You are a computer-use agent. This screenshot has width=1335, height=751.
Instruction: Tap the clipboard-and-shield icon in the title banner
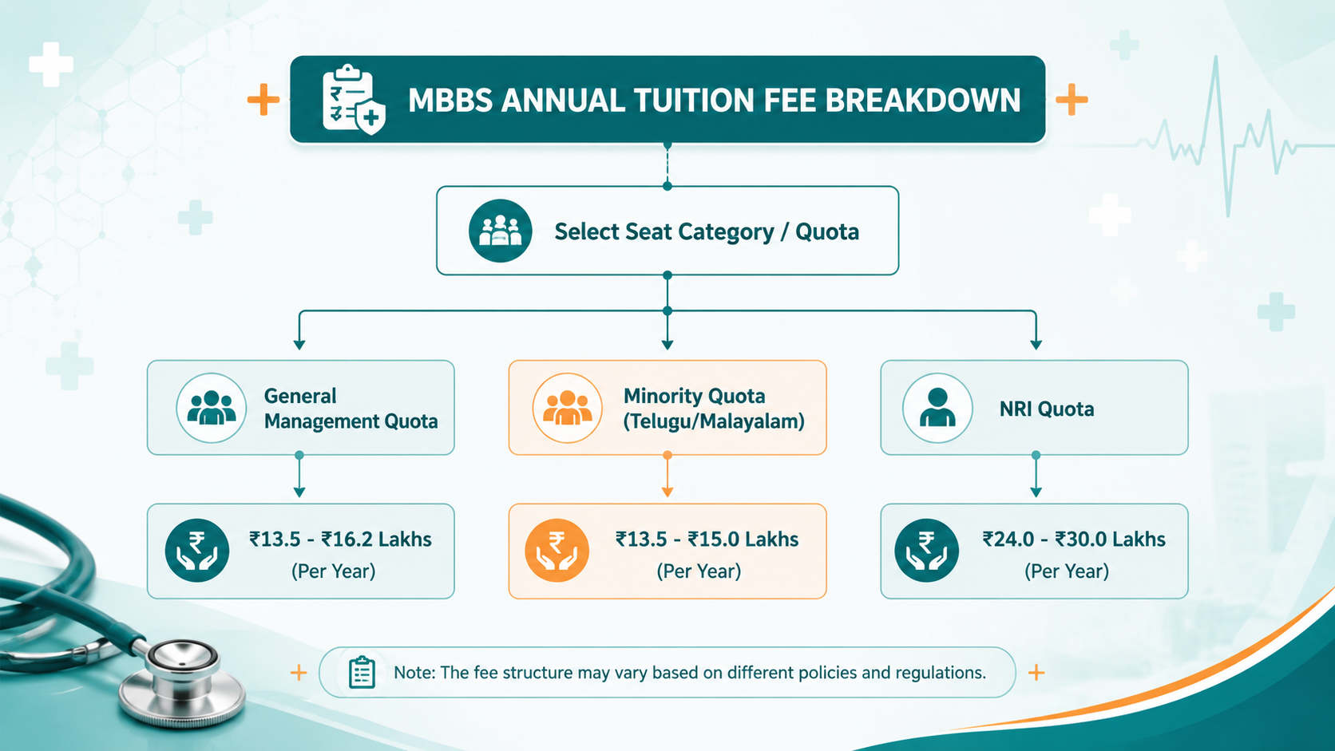point(354,100)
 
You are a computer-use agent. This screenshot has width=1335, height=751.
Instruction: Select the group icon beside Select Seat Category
point(500,231)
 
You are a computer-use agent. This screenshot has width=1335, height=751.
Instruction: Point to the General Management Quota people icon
point(211,408)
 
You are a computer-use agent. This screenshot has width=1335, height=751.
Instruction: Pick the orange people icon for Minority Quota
point(568,408)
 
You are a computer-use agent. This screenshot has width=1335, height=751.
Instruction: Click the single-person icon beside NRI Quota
point(937,408)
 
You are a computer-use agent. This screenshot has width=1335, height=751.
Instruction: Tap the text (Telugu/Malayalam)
point(714,421)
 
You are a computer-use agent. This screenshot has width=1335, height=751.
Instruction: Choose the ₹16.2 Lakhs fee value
point(377,539)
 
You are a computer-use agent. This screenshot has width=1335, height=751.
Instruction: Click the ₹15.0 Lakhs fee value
point(743,539)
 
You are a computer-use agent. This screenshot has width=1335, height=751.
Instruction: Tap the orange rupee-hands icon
point(557,551)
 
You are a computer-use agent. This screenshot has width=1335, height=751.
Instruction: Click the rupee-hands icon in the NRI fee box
point(927,551)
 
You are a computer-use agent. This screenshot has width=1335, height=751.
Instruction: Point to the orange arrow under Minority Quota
point(667,476)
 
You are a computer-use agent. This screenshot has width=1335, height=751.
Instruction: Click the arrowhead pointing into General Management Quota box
point(299,345)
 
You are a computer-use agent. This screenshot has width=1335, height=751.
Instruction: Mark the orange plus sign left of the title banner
point(263,99)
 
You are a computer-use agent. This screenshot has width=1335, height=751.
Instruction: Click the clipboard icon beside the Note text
point(362,672)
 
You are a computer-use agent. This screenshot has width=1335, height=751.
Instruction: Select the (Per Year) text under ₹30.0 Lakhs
point(1067,571)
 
